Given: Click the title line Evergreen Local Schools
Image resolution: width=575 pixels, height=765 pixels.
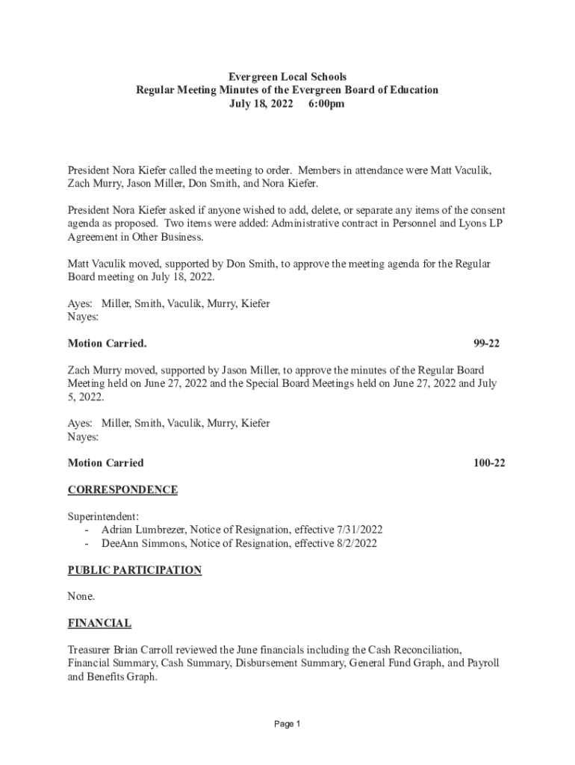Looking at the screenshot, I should pyautogui.click(x=287, y=77).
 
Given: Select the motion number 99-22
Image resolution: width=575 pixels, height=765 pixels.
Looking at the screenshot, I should pyautogui.click(x=486, y=344).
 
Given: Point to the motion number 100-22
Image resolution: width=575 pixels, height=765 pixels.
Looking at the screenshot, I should pyautogui.click(x=489, y=463).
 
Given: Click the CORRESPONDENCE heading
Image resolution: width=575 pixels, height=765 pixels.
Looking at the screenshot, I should pyautogui.click(x=122, y=490).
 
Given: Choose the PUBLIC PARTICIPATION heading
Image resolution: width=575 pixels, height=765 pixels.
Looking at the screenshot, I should pyautogui.click(x=134, y=570).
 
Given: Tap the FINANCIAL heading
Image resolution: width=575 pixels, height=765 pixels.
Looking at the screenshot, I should pyautogui.click(x=99, y=623).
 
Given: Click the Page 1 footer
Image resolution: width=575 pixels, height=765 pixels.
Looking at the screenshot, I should pyautogui.click(x=287, y=725).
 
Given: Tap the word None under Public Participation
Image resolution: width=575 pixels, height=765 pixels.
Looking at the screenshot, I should pyautogui.click(x=81, y=597).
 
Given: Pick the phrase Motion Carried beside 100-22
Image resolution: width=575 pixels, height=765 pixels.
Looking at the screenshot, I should pyautogui.click(x=105, y=463).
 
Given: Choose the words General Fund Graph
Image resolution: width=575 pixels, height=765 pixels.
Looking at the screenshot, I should pyautogui.click(x=392, y=663).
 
